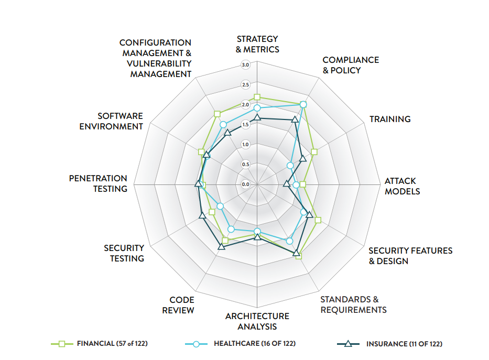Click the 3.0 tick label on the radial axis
(245, 65)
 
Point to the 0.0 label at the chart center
(245, 184)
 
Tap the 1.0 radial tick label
(245, 144)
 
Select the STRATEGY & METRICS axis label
(257, 44)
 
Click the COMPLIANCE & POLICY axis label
(351, 65)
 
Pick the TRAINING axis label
(390, 119)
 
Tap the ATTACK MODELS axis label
(402, 186)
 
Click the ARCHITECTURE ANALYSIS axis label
(257, 321)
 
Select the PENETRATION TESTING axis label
(98, 183)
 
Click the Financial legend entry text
(111, 344)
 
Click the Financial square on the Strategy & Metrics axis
(257, 97)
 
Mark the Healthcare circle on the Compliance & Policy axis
(303, 104)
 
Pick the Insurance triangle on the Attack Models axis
(286, 183)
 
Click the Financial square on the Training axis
(314, 152)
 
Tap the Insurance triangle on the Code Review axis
(221, 246)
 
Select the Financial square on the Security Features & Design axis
(318, 220)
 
